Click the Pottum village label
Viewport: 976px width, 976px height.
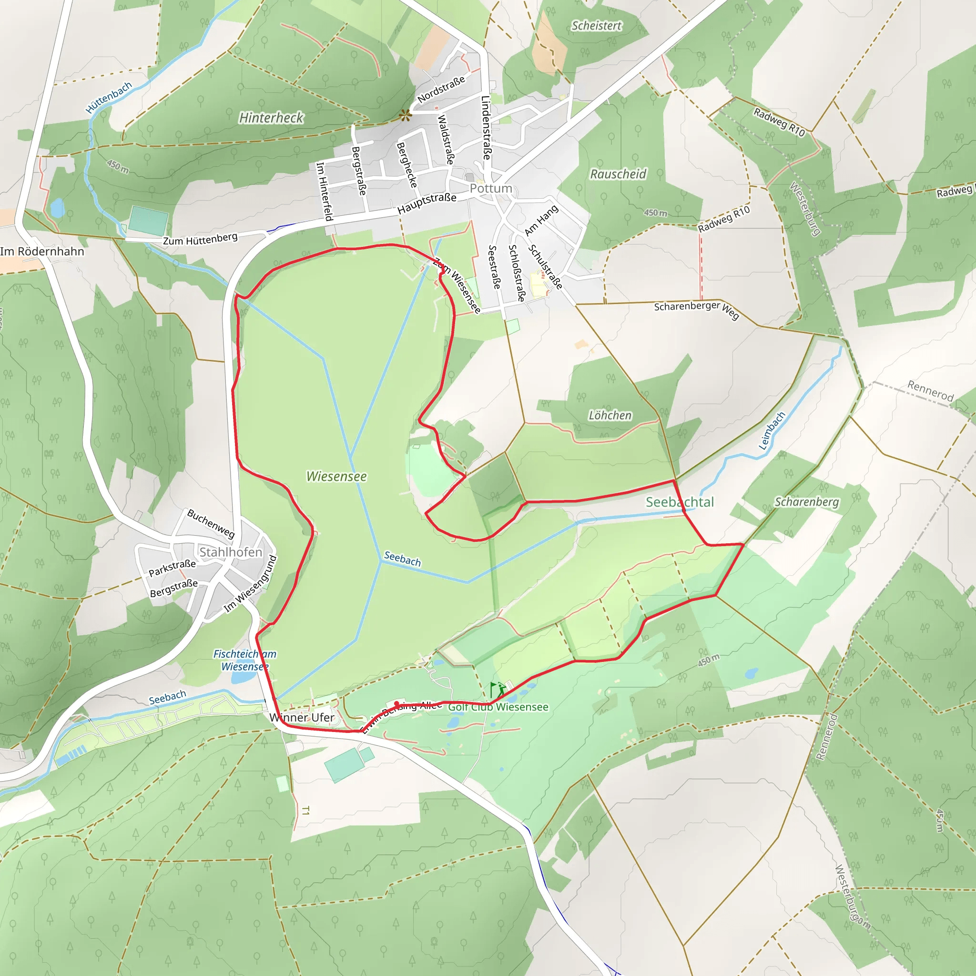point(490,188)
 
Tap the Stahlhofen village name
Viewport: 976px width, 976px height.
point(231,552)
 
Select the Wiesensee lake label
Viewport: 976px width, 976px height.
point(336,477)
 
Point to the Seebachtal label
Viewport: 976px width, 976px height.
point(680,502)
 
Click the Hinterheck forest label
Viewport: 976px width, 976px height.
point(271,118)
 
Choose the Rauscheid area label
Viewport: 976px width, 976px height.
point(618,174)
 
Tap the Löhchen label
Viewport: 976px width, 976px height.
point(610,415)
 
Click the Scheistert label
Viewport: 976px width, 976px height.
point(596,26)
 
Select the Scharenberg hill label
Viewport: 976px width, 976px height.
point(807,502)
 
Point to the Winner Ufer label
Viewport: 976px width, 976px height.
point(302,717)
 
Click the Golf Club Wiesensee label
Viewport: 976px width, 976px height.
point(498,707)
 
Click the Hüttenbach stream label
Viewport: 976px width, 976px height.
point(109,97)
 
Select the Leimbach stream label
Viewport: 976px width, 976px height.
point(772,431)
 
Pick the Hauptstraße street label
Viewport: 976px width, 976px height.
point(427,203)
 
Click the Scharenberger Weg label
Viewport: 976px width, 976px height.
point(697,309)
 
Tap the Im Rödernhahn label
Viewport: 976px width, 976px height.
point(42,252)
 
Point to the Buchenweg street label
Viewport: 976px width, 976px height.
point(211,523)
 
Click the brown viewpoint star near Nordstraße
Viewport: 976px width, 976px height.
point(405,116)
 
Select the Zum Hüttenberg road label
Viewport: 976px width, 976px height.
point(200,239)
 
